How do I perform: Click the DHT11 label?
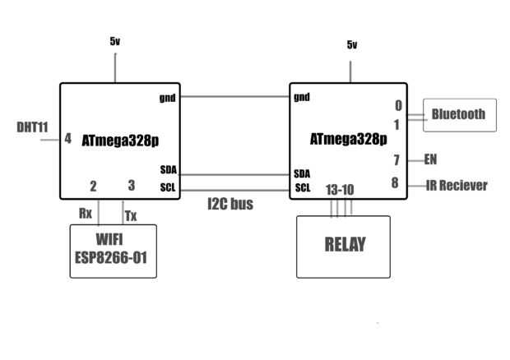click(32, 128)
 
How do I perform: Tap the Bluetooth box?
click(459, 115)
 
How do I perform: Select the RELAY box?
click(344, 246)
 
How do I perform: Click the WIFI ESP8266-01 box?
click(113, 251)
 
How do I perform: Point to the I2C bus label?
click(229, 204)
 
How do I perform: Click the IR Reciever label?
click(457, 185)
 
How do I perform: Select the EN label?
click(430, 159)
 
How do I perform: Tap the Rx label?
click(86, 213)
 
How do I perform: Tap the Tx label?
click(130, 215)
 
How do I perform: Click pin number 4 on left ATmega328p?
click(68, 139)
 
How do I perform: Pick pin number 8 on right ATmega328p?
click(396, 183)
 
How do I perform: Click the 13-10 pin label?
click(341, 190)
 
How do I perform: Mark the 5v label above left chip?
click(115, 40)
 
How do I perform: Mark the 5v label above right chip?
click(352, 44)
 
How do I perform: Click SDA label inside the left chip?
click(169, 170)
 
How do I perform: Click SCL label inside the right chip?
click(303, 188)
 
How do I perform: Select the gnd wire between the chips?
click(234, 97)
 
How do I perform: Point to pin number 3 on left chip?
click(132, 186)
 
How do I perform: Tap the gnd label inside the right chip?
click(302, 97)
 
